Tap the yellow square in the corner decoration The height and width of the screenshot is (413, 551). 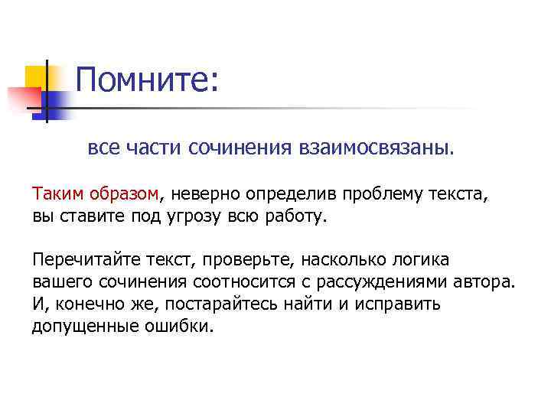[35, 76]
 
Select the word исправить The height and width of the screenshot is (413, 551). [396, 303]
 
